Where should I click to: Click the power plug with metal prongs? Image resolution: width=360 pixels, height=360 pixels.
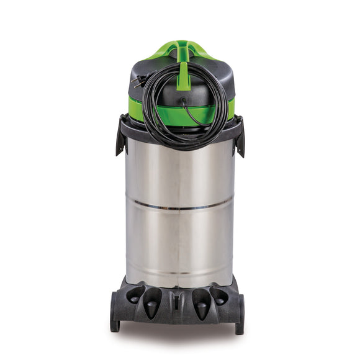pyautogui.click(x=138, y=81)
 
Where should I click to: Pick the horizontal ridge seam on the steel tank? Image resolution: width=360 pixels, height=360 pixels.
pyautogui.click(x=180, y=204)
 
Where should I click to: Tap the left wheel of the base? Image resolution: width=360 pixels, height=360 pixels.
pyautogui.click(x=115, y=313)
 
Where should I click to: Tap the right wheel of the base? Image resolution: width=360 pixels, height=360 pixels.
pyautogui.click(x=240, y=313)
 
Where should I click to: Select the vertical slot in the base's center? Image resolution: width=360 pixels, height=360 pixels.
pyautogui.click(x=178, y=302)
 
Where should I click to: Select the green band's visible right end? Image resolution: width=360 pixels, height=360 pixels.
pyautogui.click(x=231, y=109)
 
